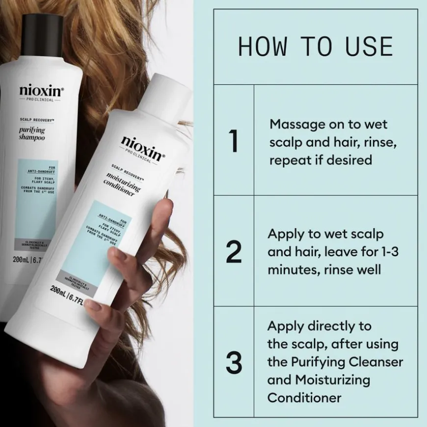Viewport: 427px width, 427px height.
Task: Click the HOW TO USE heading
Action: (315, 46)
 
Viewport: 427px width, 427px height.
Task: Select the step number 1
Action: (234, 141)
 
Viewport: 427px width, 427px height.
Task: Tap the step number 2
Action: (234, 252)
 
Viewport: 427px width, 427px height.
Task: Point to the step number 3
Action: (234, 363)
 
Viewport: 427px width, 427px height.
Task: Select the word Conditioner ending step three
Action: (304, 397)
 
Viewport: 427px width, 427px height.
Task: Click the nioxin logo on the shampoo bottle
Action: (41, 90)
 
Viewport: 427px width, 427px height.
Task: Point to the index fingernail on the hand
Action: (93, 306)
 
